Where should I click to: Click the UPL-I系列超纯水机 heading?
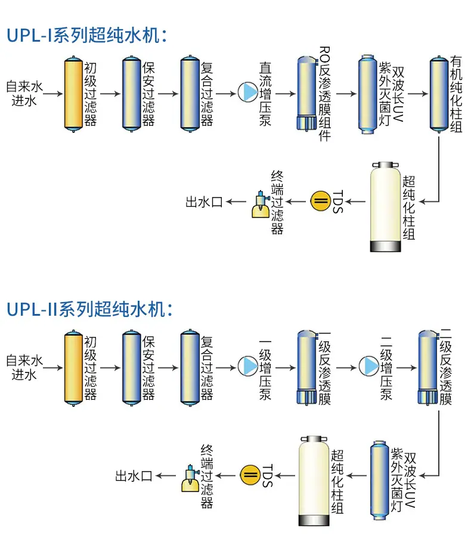coord(87,36)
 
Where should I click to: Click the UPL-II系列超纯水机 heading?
coord(89,309)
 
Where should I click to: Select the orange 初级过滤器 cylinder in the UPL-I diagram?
coord(73,94)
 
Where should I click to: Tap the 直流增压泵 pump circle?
coord(248,92)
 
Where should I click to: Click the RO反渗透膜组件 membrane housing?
coord(307,93)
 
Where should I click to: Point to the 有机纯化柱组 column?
coord(439,94)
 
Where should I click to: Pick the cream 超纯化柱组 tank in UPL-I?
coord(385,207)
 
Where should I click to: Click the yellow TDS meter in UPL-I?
coord(321,201)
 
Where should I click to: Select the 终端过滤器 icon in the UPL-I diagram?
coord(261,205)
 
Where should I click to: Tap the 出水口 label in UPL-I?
coord(204,202)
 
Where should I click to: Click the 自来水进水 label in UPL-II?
coord(24,368)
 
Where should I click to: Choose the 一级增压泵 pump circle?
coord(248,366)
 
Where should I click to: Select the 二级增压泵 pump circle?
coord(368,366)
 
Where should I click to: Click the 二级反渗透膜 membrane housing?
coord(428,367)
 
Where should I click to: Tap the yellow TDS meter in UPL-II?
coord(250,475)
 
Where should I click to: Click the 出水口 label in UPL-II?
coord(134,476)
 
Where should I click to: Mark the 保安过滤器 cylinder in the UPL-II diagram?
coord(132,368)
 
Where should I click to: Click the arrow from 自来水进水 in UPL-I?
coord(53,94)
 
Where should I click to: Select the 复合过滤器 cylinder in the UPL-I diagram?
coord(190,94)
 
